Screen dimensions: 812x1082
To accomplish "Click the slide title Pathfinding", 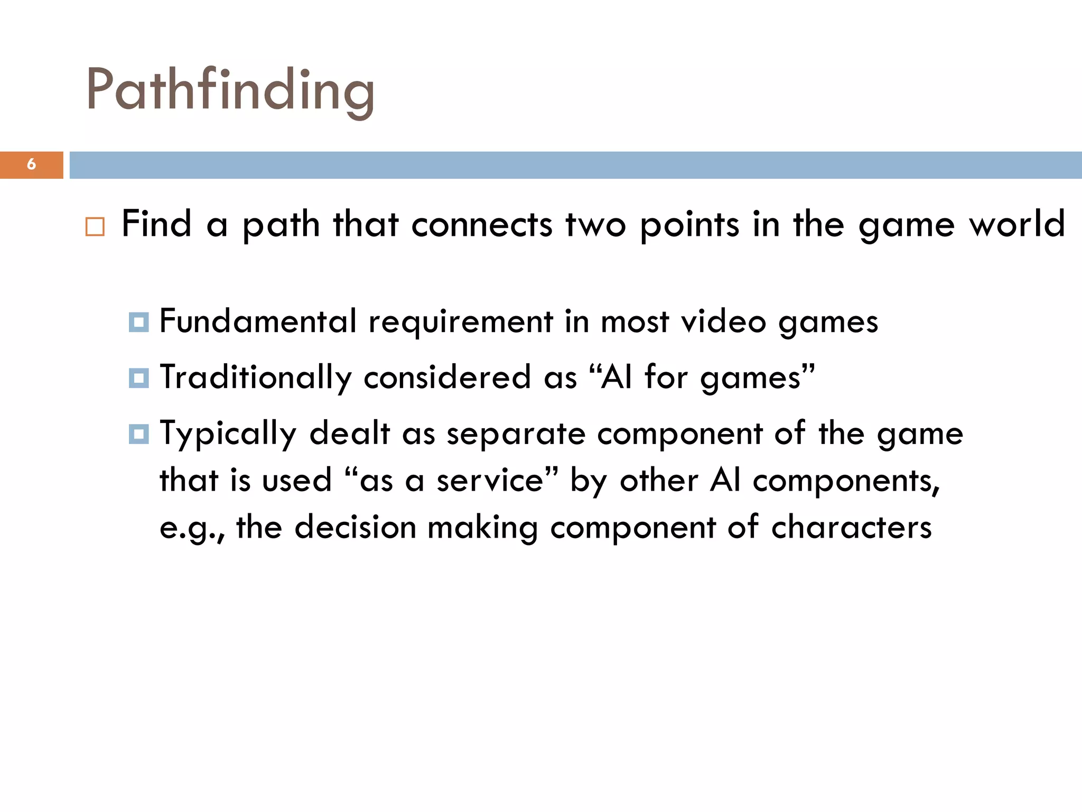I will click(230, 90).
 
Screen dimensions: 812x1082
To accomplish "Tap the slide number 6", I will click(32, 164).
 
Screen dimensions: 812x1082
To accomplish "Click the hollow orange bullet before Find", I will click(95, 226).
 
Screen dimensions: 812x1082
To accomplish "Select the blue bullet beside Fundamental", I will click(139, 322).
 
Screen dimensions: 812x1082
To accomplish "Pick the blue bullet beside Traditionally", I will click(139, 378).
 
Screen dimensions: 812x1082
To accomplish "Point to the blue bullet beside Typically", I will click(139, 434).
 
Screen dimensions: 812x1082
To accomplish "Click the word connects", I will click(482, 225).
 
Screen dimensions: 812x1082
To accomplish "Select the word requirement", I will click(461, 322).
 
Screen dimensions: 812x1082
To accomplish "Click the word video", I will click(723, 322).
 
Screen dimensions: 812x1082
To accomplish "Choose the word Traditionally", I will click(256, 379).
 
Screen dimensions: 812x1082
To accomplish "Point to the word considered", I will click(447, 378).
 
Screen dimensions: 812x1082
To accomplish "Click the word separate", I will click(516, 435).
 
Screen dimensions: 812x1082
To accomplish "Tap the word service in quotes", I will click(490, 481).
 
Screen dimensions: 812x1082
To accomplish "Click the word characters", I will click(851, 527).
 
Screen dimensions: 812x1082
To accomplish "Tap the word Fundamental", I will click(258, 321).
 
